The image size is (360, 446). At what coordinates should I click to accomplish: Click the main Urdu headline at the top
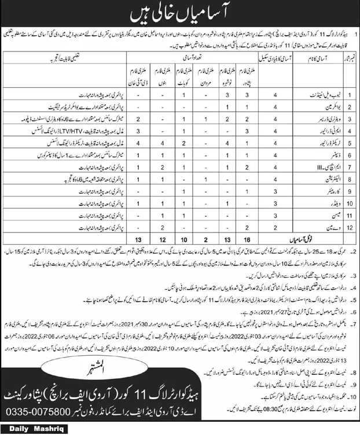click(x=180, y=12)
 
